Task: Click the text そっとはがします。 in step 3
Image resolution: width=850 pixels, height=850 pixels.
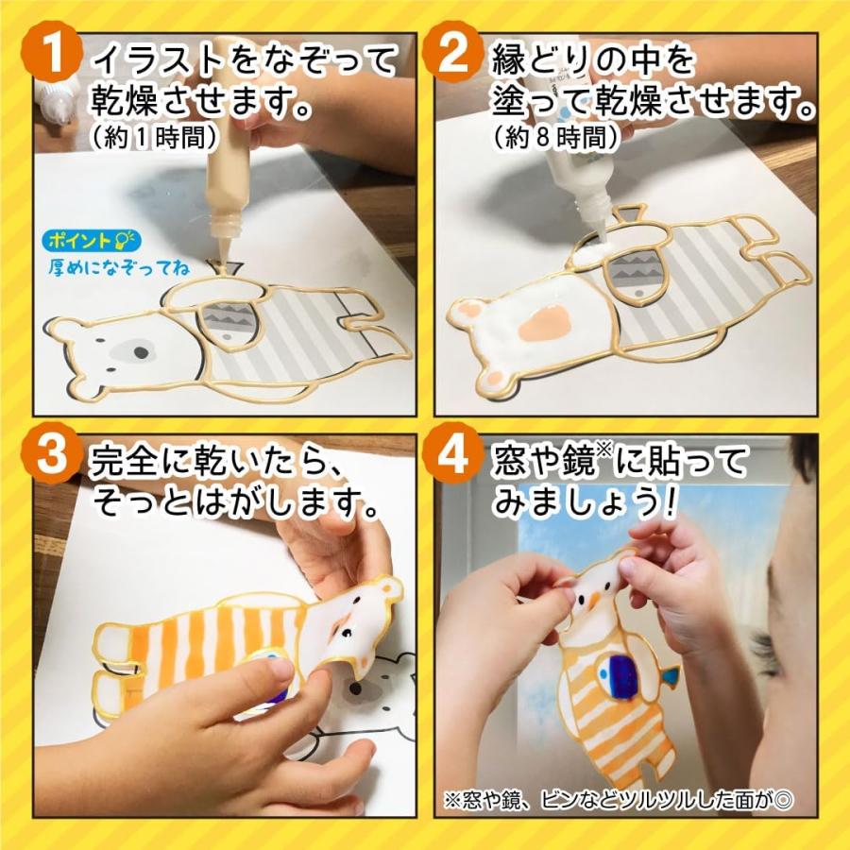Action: tap(236, 502)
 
